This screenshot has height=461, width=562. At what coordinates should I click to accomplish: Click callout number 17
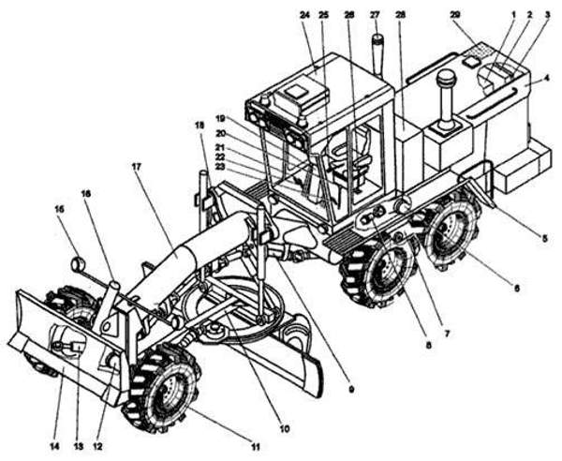137,167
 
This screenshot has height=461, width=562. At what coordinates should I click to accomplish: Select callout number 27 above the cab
376,16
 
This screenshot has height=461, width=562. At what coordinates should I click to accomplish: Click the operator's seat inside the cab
348,155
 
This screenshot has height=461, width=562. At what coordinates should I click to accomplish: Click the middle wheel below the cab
378,275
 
